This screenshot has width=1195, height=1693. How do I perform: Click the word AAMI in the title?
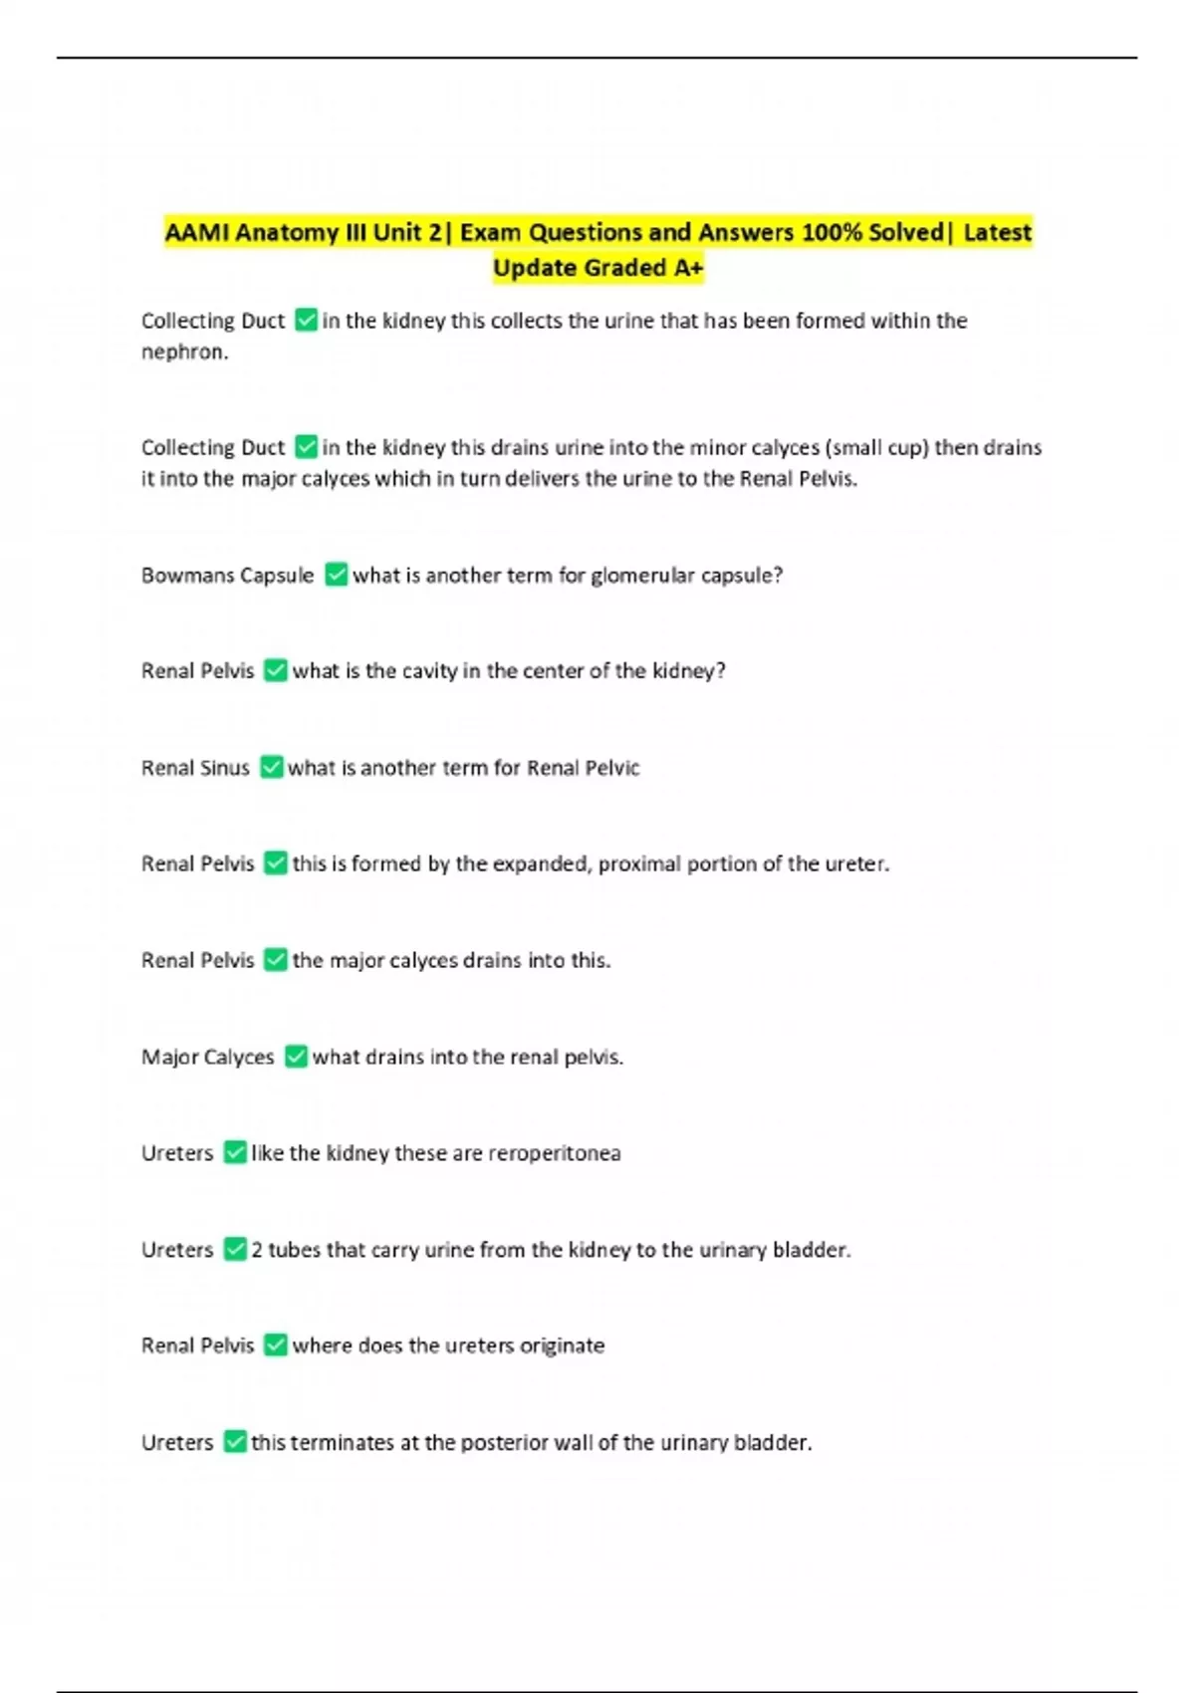(196, 233)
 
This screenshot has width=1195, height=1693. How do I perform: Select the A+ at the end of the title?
(687, 269)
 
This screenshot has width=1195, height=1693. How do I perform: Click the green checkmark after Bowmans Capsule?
(337, 575)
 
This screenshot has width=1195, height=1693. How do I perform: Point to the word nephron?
(183, 352)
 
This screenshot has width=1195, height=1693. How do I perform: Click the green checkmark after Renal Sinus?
(272, 767)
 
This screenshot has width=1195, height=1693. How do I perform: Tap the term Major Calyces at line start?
(207, 1057)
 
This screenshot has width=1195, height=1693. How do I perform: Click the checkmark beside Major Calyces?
(296, 1056)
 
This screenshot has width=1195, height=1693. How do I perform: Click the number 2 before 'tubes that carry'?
(257, 1250)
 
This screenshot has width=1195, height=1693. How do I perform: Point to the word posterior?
(502, 1443)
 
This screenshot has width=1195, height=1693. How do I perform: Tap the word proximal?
(649, 864)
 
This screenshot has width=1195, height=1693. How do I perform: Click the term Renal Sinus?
(195, 768)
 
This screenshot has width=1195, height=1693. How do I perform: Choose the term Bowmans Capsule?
(227, 576)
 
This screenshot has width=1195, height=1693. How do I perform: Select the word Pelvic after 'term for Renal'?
(611, 768)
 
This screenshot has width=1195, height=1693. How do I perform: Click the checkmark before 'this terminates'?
(235, 1441)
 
